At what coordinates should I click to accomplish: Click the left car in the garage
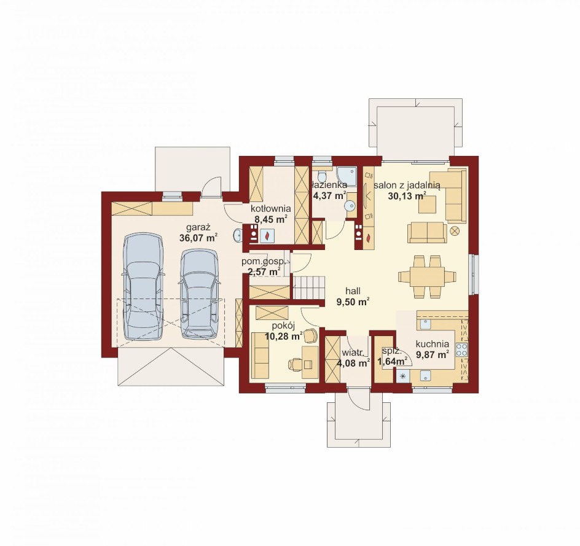(x=143, y=286)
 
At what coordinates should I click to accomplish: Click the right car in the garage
(x=199, y=294)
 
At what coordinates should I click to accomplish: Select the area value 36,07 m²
(x=198, y=238)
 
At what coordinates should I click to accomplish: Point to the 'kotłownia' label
(x=271, y=209)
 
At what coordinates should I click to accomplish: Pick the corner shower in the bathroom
(x=347, y=176)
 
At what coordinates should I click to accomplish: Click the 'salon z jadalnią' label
(x=407, y=185)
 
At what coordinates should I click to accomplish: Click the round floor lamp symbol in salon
(x=455, y=231)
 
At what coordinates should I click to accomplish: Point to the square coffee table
(x=427, y=205)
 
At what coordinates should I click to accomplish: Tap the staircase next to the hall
(x=310, y=287)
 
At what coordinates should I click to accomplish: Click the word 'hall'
(x=353, y=291)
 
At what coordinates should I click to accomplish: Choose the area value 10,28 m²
(x=284, y=336)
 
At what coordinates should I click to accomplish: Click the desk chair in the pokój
(x=296, y=364)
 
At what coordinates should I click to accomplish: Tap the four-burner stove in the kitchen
(x=461, y=349)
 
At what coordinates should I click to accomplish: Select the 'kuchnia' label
(x=432, y=344)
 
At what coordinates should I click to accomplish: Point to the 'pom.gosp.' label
(x=263, y=262)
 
